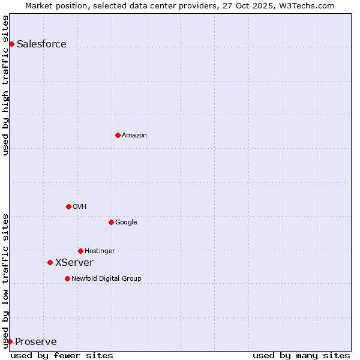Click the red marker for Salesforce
click(x=11, y=44)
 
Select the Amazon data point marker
click(x=118, y=135)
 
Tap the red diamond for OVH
click(x=68, y=206)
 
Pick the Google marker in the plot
click(x=111, y=222)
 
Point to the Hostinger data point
click(x=80, y=251)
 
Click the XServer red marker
click(x=50, y=262)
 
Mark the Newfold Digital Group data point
click(x=67, y=278)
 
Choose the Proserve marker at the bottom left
click(x=10, y=341)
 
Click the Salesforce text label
click(x=41, y=44)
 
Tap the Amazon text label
click(x=134, y=135)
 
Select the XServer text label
click(x=74, y=262)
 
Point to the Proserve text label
click(x=36, y=342)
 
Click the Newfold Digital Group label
click(x=106, y=278)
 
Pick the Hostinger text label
click(x=100, y=251)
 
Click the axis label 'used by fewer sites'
click(x=62, y=355)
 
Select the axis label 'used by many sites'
click(x=301, y=355)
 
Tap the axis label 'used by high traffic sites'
click(x=5, y=85)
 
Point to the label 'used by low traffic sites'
click(x=5, y=280)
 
